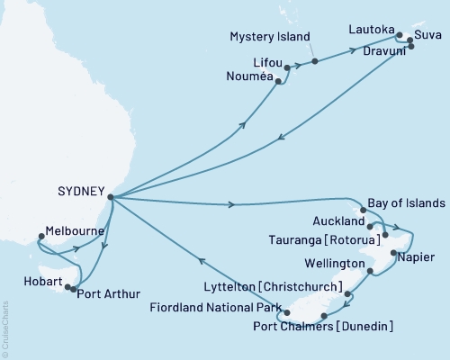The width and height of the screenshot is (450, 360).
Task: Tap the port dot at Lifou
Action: pos(288,67)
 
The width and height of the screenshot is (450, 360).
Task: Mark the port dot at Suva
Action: pos(411,40)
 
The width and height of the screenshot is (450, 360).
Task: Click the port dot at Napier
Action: pos(392,253)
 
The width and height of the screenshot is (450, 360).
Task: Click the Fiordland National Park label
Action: pos(220,307)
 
